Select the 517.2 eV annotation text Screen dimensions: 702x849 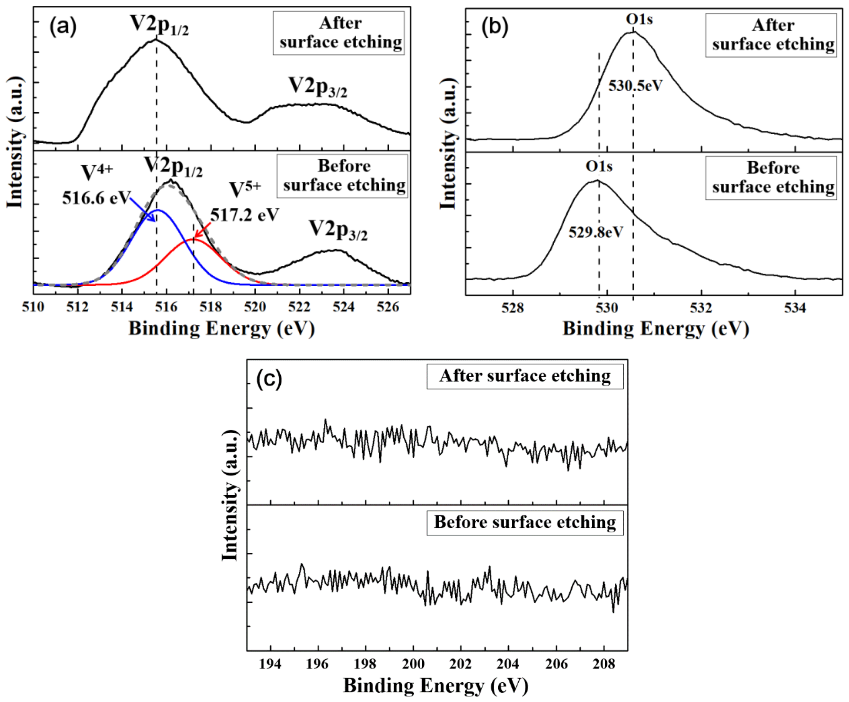point(245,215)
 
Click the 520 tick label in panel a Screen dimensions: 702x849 point(255,307)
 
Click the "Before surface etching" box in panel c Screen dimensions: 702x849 point(525,523)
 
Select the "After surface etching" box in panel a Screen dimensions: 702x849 point(339,33)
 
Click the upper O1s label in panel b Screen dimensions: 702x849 point(639,19)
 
